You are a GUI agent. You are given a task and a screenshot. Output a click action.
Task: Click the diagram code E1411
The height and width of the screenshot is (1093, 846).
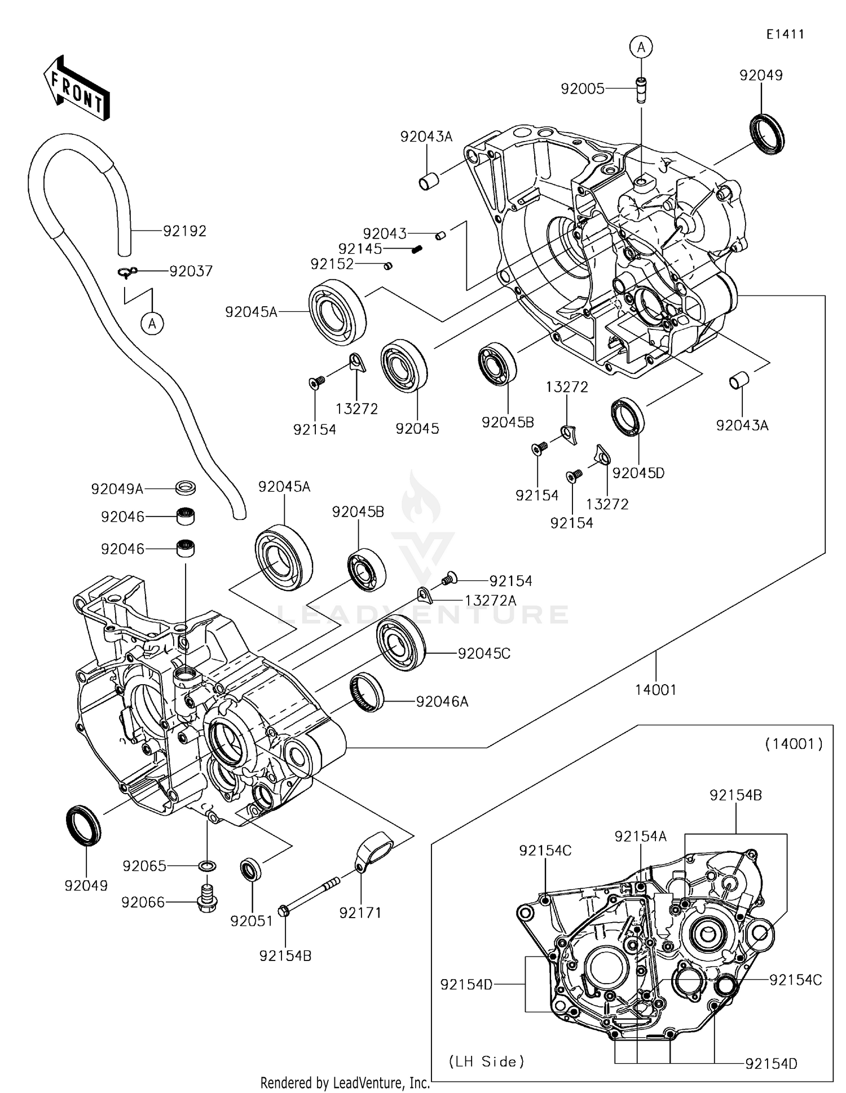coord(785,34)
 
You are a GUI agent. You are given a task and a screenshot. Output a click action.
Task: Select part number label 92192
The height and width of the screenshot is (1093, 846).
coord(184,231)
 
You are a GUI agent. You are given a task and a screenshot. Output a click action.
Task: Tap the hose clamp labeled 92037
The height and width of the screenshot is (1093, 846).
coord(128,272)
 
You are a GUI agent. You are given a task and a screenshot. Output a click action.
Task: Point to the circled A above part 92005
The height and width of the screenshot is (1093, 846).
coord(641,47)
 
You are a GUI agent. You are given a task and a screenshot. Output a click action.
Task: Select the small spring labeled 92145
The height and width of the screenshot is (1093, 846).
coord(417,248)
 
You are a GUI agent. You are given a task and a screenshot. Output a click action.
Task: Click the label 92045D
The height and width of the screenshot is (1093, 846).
coord(638,473)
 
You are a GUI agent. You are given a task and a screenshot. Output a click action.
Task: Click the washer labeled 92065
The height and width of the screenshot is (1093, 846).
coord(208,866)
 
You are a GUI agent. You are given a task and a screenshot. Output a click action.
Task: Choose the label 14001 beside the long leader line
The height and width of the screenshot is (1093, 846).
coord(655,689)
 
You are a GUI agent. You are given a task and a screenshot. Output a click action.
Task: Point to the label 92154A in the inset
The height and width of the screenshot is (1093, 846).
coord(640,836)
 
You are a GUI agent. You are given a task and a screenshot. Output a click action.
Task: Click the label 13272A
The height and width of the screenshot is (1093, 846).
coord(490,601)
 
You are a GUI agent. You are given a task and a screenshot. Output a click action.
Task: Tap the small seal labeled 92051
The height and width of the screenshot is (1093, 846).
coord(251,870)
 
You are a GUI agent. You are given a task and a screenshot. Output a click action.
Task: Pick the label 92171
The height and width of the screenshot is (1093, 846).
coord(360,912)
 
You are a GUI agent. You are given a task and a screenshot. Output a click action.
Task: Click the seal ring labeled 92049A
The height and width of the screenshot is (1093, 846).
coord(185,486)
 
